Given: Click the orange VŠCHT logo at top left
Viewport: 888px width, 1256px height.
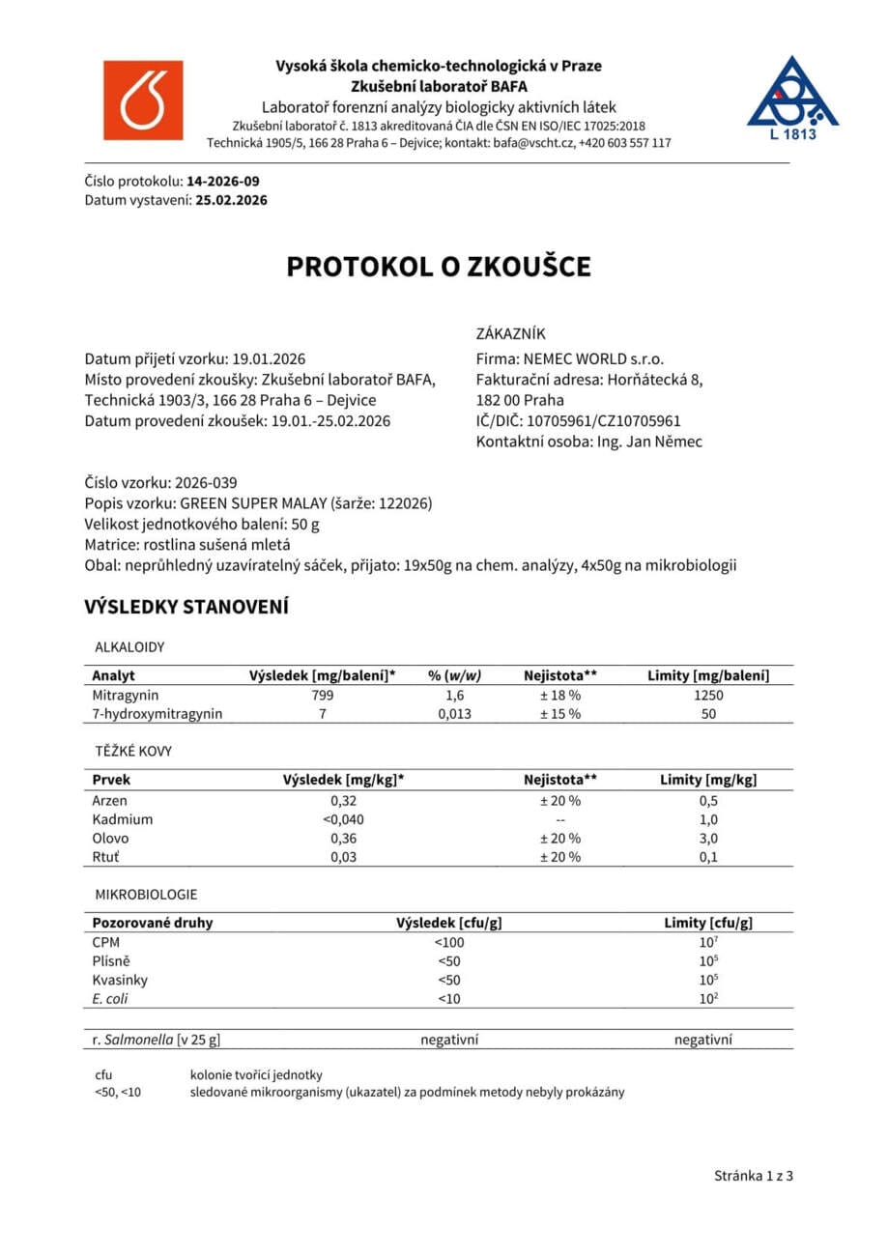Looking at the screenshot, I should click(x=142, y=100).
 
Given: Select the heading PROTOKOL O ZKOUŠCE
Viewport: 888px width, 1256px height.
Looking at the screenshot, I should click(x=438, y=268).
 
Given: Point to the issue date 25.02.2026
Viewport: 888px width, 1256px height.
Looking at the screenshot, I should click(x=231, y=201).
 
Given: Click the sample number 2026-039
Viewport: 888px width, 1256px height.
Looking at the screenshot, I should click(x=206, y=483).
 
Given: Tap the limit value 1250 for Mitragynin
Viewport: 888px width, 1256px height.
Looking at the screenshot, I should click(x=708, y=695).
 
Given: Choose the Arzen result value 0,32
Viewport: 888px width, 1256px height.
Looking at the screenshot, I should click(x=344, y=801).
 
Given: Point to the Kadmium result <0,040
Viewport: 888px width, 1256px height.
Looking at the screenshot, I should click(x=344, y=819).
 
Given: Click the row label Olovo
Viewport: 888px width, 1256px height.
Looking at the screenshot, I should click(x=109, y=839).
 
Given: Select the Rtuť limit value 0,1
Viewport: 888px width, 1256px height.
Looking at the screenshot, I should click(x=708, y=857).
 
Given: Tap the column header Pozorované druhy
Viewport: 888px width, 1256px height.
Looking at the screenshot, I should click(x=153, y=923).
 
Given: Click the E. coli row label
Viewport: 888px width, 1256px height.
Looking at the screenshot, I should click(x=110, y=998).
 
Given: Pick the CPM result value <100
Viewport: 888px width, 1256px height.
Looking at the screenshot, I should click(x=448, y=942).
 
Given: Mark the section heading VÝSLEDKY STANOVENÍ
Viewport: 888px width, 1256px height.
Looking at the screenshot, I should click(x=186, y=608).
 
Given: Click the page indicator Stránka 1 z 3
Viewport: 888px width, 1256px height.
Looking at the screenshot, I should click(x=754, y=1176).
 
